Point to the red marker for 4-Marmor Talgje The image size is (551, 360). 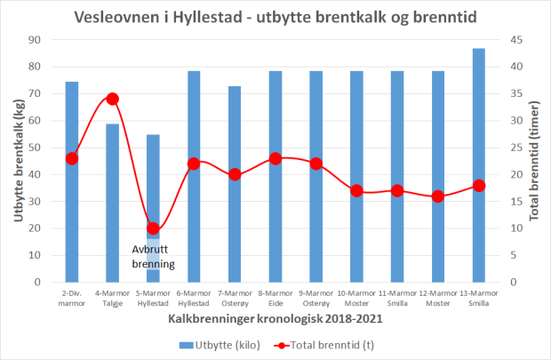tap(113, 99)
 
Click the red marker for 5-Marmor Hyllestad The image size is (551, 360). tap(153, 228)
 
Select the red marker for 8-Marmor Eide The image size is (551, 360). tap(275, 158)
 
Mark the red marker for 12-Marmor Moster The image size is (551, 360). tap(437, 196)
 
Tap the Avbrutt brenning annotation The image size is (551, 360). tap(153, 257)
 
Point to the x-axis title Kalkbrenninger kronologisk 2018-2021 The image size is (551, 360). tap(275, 317)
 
